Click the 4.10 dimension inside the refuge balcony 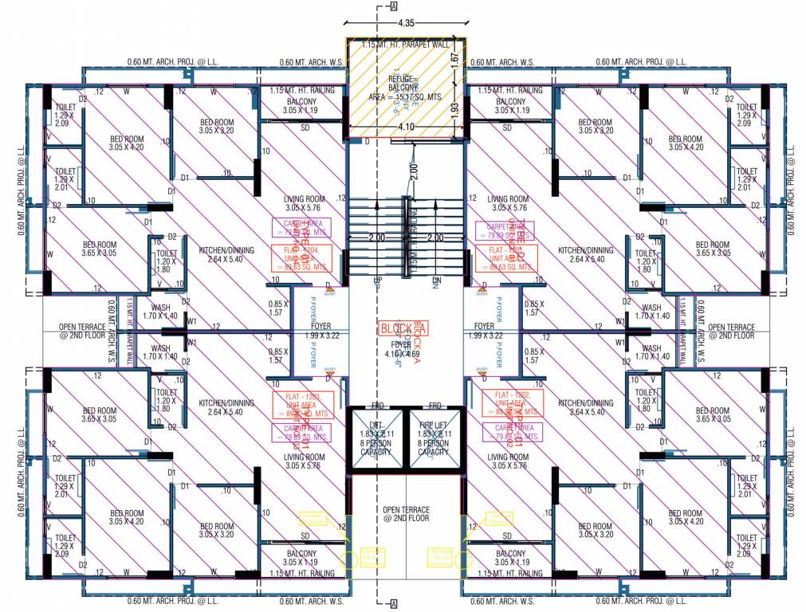407,125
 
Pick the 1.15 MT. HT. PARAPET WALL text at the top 405,44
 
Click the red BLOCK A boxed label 403,328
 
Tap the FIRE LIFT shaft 434,438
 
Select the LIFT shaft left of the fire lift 376,438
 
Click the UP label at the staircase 378,280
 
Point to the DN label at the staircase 435,280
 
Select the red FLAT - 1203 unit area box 302,404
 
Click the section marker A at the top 394,6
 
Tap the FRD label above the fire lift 435,406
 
